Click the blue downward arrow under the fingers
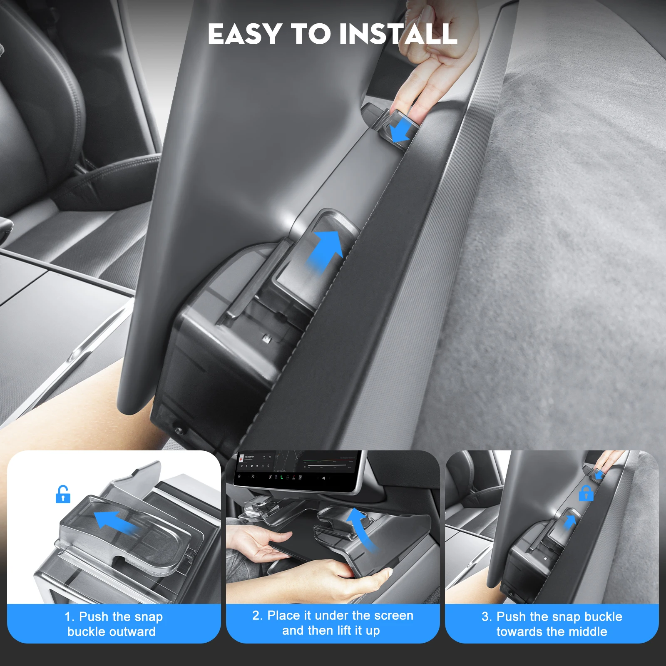tap(401, 130)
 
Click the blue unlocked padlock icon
tap(63, 494)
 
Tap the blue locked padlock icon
tap(586, 493)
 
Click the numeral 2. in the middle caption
tap(257, 615)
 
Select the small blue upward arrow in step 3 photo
tap(569, 522)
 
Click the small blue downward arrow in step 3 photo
tap(599, 474)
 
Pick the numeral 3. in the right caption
tap(487, 616)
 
